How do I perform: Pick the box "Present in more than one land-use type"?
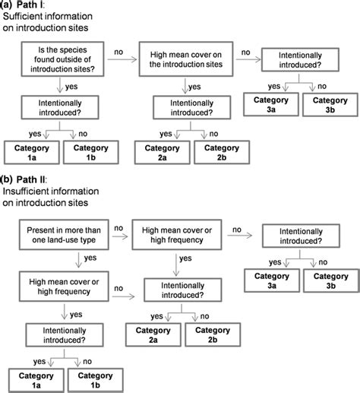[68, 232]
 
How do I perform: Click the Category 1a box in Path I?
[32, 152]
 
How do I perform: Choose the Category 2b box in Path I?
[220, 152]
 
